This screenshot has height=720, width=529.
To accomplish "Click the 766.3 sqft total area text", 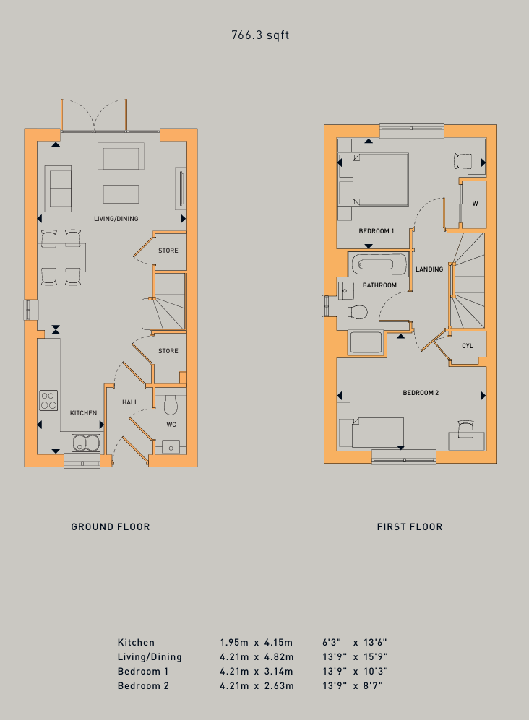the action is pyautogui.click(x=260, y=35).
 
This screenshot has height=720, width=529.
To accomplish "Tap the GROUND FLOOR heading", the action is pyautogui.click(x=111, y=526).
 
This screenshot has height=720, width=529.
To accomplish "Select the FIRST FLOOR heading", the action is pyautogui.click(x=410, y=526).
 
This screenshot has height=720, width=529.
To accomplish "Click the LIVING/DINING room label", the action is pyautogui.click(x=116, y=219).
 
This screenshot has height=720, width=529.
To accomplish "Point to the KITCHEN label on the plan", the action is pyautogui.click(x=83, y=413).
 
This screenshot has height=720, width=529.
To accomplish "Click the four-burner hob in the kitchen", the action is pyautogui.click(x=48, y=400).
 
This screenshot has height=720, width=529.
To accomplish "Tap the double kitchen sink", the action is pyautogui.click(x=86, y=443).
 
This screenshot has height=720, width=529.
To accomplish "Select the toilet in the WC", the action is pyautogui.click(x=171, y=404).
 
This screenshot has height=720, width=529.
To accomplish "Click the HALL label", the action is pyautogui.click(x=130, y=402).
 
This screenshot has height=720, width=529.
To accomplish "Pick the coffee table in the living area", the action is pyautogui.click(x=121, y=194).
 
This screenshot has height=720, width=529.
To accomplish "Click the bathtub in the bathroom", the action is pyautogui.click(x=378, y=264).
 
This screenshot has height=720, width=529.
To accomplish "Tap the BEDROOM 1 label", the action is pyautogui.click(x=377, y=231).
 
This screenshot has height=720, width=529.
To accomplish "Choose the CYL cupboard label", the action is pyautogui.click(x=468, y=346).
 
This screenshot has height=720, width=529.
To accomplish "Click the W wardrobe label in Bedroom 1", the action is pyautogui.click(x=476, y=204).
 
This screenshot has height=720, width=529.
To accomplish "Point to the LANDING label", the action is pyautogui.click(x=429, y=269).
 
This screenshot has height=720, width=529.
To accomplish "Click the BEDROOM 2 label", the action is pyautogui.click(x=421, y=393).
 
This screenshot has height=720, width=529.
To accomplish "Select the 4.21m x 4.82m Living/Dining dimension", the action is pyautogui.click(x=257, y=657).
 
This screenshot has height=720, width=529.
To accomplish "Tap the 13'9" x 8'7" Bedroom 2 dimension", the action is pyautogui.click(x=353, y=686).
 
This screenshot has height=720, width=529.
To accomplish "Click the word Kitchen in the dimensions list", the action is pyautogui.click(x=136, y=643).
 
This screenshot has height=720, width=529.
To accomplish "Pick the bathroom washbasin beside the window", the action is pyautogui.click(x=345, y=290).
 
